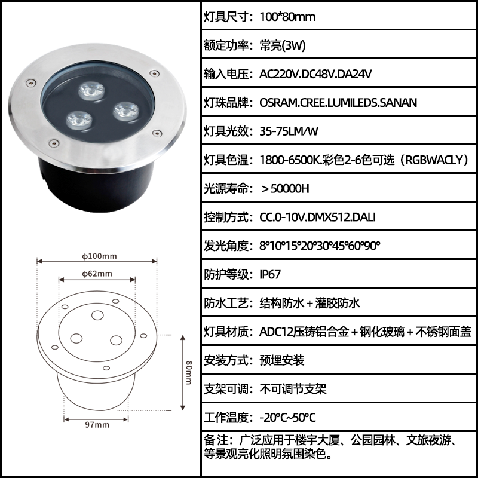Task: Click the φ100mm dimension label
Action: tap(99, 256)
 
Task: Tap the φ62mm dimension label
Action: tap(97, 274)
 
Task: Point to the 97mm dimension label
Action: tap(97, 425)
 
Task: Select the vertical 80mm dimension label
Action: tap(189, 372)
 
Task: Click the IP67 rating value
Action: tap(270, 274)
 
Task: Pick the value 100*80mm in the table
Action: tap(287, 17)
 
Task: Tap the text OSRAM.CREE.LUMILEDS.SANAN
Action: tap(338, 103)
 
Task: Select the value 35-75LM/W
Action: tap(289, 131)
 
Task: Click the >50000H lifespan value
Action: tap(285, 189)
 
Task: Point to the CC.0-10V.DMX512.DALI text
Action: tap(317, 217)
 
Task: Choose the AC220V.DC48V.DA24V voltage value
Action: tap(315, 74)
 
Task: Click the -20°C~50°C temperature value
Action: tap(287, 417)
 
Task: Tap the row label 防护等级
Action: tap(226, 274)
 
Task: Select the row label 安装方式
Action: tap(226, 360)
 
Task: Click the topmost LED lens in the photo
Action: tap(91, 91)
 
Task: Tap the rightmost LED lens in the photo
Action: tap(126, 111)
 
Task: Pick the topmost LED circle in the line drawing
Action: tap(97, 315)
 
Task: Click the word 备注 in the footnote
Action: tap(215, 440)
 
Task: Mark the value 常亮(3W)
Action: tap(283, 45)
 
